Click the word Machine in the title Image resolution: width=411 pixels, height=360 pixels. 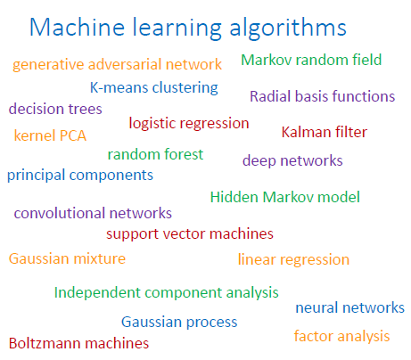(x=77, y=28)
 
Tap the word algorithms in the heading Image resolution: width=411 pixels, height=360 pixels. (x=288, y=29)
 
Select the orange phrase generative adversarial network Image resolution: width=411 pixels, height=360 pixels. (x=118, y=65)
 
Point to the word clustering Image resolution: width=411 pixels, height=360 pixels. (x=185, y=88)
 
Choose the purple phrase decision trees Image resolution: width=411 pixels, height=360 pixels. (x=55, y=109)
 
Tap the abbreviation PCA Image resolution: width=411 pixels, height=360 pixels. (x=73, y=135)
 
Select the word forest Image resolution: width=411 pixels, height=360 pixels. (x=184, y=154)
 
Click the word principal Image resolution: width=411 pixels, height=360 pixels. (x=36, y=175)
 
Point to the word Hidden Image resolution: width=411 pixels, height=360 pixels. (x=234, y=197)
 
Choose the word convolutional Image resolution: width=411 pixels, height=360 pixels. (x=60, y=213)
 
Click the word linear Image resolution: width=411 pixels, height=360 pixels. (x=257, y=259)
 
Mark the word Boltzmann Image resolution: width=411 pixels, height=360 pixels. (x=45, y=343)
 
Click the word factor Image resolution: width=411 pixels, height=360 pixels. (x=314, y=336)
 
